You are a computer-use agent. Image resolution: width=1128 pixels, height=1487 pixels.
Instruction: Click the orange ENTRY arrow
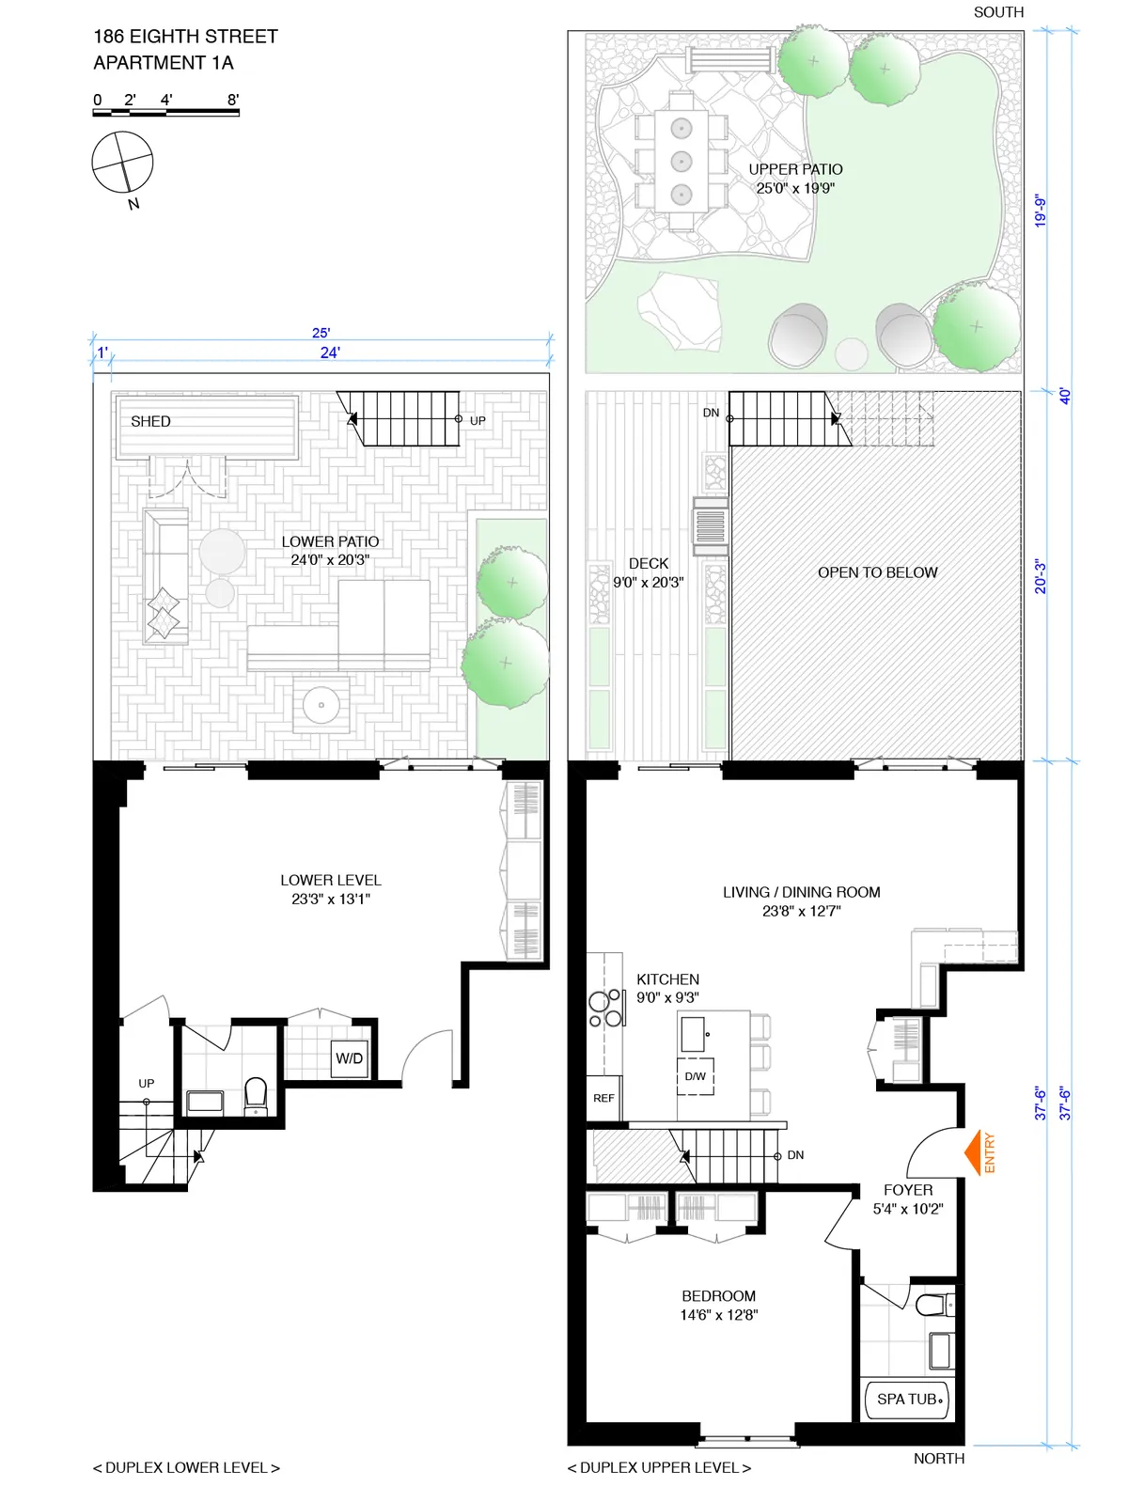coord(974,1152)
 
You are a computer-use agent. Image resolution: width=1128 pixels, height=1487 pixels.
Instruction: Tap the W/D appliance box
coord(350,1058)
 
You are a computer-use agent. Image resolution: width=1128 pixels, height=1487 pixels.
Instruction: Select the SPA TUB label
coord(907,1400)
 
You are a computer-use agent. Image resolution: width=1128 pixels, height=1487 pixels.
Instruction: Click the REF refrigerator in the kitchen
coord(603,1098)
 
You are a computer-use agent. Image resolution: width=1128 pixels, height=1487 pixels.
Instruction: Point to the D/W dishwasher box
coord(696,1076)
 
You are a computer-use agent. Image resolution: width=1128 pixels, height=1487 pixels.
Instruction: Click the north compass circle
coord(122,163)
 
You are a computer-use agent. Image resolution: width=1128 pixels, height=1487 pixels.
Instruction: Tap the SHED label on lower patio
coord(150,421)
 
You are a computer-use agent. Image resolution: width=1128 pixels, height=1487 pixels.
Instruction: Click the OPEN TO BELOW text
coord(877,572)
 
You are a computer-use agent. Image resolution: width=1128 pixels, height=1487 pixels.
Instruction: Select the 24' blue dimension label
coord(330,352)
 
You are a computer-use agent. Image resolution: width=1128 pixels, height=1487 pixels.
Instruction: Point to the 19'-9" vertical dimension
coord(1040,211)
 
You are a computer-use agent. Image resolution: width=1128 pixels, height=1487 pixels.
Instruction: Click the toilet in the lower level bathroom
coord(256,1096)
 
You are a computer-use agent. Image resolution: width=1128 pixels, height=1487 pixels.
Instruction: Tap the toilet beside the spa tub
coord(932,1305)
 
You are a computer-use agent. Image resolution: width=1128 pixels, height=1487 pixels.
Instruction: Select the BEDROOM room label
coord(718,1296)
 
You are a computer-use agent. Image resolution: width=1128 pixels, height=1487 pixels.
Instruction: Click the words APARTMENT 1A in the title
coord(164,63)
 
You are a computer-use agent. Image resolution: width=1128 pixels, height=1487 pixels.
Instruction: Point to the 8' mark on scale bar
coord(233,100)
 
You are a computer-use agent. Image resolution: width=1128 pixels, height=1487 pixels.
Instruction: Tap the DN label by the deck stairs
coord(711,413)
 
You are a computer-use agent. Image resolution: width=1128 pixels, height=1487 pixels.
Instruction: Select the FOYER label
coord(907,1190)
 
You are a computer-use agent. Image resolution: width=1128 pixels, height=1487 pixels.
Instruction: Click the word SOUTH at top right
coord(998,12)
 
